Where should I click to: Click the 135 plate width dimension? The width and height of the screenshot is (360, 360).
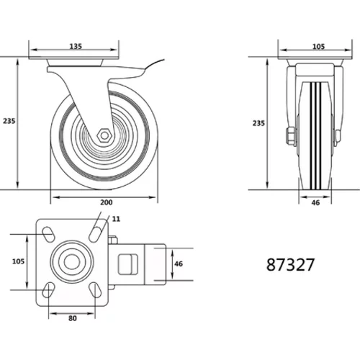(76, 46)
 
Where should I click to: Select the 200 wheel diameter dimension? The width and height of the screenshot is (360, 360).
(107, 202)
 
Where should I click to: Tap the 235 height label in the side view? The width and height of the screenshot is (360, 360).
(9, 121)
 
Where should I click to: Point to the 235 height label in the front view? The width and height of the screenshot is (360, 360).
(258, 123)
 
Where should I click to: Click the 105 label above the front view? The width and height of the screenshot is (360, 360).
(318, 46)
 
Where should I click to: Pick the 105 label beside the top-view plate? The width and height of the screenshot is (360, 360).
(19, 261)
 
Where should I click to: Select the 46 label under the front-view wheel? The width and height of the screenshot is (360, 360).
(315, 203)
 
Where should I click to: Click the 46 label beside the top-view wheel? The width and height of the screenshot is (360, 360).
(179, 264)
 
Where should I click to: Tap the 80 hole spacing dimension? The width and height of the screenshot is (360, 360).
(73, 318)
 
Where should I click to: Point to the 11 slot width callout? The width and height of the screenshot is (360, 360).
(116, 219)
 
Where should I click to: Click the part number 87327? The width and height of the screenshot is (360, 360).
(290, 265)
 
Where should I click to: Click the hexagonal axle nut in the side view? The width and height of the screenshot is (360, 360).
(104, 135)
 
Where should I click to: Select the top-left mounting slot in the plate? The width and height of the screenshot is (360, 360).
(48, 234)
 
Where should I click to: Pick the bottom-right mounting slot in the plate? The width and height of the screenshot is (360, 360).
(95, 290)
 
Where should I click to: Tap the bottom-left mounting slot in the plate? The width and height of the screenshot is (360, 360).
(48, 290)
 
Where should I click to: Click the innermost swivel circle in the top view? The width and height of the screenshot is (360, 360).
(72, 261)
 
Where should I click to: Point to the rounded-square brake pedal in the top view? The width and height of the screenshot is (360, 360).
(128, 264)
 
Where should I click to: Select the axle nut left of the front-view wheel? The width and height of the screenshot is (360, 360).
(291, 137)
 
